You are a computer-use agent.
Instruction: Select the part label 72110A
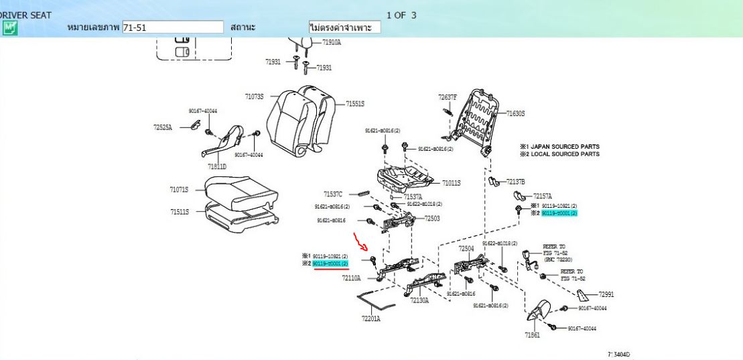[351, 277]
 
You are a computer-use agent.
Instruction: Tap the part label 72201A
[370, 318]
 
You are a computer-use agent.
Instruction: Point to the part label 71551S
[355, 104]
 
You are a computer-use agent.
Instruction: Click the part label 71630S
[515, 113]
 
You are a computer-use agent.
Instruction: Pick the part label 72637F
[448, 97]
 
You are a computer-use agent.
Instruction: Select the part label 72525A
[163, 127]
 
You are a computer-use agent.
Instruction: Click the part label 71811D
[217, 166]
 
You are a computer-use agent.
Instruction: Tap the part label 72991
[606, 294]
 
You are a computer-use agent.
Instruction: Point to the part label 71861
[532, 335]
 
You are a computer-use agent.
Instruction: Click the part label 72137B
[515, 182]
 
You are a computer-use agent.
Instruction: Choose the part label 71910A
[331, 42]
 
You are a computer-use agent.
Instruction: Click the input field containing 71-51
[173, 27]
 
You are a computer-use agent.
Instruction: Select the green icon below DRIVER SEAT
[9, 27]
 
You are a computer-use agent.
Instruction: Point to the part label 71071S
[179, 190]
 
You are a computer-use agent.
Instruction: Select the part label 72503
[432, 219]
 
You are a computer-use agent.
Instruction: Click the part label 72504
[466, 248]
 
